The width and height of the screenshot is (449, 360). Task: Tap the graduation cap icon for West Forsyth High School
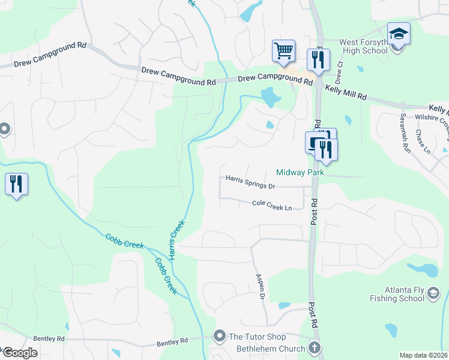[399, 34]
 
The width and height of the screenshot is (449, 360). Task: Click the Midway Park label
[300, 172]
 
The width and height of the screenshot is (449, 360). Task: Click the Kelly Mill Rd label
[346, 92]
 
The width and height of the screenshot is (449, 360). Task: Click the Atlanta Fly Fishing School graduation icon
[435, 293]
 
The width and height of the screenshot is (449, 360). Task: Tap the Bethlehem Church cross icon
[314, 347]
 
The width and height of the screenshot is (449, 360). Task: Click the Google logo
[19, 353]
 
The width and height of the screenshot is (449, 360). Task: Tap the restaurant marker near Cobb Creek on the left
[16, 184]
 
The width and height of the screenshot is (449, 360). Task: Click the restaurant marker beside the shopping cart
[317, 59]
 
